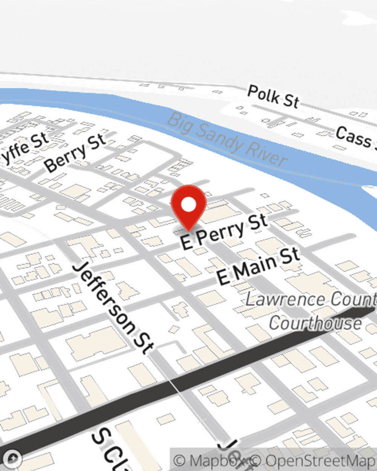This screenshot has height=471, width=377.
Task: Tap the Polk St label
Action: pos(273,96)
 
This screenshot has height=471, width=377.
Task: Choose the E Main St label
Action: pos(259,266)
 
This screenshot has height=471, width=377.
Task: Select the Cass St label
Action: pos(354,138)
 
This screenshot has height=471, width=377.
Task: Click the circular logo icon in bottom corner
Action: pos(13,459)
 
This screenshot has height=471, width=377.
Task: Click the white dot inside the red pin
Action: pos(188,205)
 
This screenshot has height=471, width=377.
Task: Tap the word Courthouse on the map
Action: pos(315,323)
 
